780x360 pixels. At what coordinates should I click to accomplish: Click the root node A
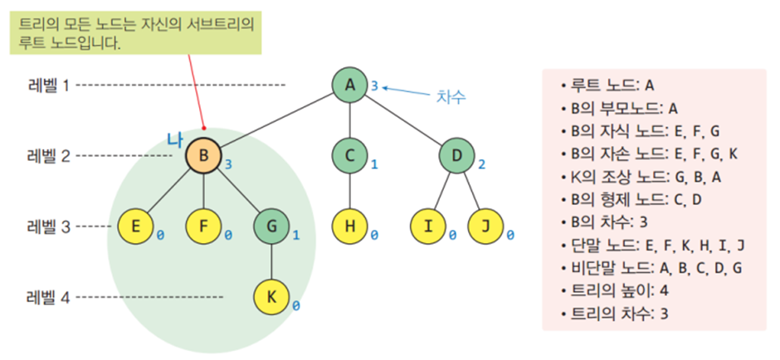(x=350, y=85)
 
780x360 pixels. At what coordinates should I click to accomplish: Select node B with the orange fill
(x=204, y=155)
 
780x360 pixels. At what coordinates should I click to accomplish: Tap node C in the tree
(x=350, y=155)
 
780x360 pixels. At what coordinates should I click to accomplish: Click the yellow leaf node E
(x=136, y=225)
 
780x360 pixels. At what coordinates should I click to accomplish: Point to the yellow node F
(x=204, y=225)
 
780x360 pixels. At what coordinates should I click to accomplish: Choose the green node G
(x=271, y=225)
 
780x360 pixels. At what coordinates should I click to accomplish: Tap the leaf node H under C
(x=350, y=225)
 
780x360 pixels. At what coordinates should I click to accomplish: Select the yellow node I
(x=430, y=225)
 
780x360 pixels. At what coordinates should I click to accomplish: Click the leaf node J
(x=486, y=225)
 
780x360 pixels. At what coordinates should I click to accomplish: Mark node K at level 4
(x=271, y=296)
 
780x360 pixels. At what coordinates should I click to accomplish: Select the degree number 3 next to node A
(x=374, y=85)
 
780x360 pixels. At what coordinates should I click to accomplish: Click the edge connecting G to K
(x=271, y=260)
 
